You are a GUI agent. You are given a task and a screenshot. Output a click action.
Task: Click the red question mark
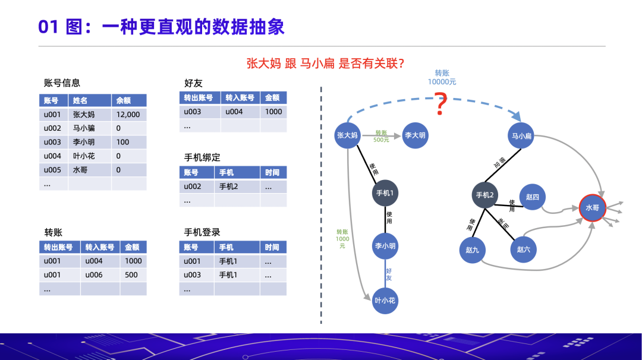(440, 105)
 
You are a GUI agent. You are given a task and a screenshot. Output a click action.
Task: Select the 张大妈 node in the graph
(347, 135)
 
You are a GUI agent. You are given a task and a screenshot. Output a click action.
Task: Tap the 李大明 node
(416, 135)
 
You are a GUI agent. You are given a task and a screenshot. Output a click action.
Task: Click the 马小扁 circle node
(521, 136)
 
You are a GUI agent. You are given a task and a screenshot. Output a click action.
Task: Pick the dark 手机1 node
(385, 193)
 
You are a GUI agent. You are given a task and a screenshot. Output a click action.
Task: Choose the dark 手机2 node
(484, 195)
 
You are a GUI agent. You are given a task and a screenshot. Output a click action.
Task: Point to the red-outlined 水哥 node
(592, 209)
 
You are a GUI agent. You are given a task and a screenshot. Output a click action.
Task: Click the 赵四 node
(532, 197)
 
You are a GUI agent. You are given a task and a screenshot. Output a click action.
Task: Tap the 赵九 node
(472, 250)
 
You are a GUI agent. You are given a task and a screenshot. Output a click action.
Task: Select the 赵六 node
(523, 250)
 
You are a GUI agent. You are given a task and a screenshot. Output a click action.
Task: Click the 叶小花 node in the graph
(385, 301)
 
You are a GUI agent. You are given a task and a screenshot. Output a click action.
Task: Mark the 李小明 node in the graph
(385, 246)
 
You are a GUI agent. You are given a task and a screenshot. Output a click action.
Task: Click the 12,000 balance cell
(128, 115)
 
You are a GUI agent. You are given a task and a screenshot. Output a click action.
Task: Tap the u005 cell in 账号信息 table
(52, 170)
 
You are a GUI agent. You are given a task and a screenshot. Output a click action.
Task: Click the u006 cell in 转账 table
(94, 275)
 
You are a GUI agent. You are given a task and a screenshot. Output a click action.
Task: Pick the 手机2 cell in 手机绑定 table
(228, 187)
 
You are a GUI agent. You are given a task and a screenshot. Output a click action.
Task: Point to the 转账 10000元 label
(442, 77)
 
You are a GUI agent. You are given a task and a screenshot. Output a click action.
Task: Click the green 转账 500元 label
(381, 136)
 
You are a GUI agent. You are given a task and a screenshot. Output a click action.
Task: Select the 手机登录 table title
(202, 232)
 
